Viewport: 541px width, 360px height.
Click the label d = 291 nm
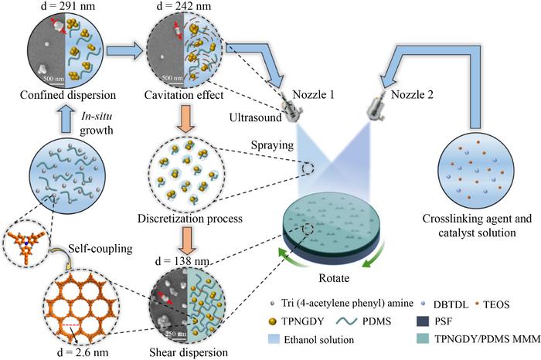[x=68, y=6]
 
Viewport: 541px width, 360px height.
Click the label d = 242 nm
[x=184, y=6]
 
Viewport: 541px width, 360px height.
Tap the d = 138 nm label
[x=182, y=261]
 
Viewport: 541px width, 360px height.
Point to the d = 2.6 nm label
[x=83, y=352]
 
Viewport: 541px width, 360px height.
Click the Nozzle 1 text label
[x=313, y=94]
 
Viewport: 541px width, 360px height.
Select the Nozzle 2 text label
[x=412, y=94]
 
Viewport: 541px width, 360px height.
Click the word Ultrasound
[x=256, y=117]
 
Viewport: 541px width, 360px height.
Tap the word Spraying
[x=272, y=145]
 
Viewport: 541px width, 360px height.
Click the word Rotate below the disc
[x=334, y=278]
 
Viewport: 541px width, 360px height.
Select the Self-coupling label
[x=100, y=248]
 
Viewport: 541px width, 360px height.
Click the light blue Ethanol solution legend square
[x=274, y=339]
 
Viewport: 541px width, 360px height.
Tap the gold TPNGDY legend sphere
[x=273, y=321]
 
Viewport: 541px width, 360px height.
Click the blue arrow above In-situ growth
[x=68, y=119]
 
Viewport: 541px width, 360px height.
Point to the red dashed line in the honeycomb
[x=71, y=324]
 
